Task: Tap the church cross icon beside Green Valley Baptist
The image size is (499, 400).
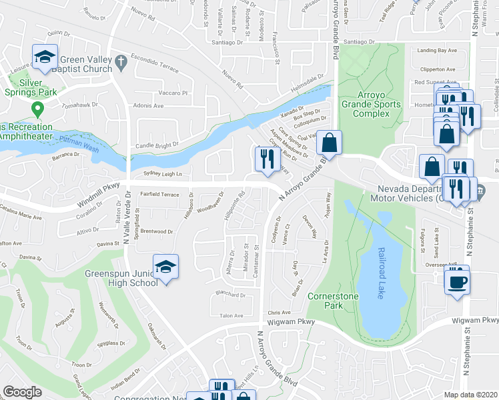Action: click(x=121, y=61)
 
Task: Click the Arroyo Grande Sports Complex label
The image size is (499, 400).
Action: click(x=370, y=104)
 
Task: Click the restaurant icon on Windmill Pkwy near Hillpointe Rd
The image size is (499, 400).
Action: click(x=266, y=159)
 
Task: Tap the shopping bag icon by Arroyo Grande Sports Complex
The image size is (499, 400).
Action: click(x=329, y=142)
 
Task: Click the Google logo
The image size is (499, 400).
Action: click(x=23, y=392)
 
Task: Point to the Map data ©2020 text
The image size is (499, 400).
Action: click(x=471, y=395)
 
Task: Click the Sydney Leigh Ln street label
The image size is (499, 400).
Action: click(x=162, y=173)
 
